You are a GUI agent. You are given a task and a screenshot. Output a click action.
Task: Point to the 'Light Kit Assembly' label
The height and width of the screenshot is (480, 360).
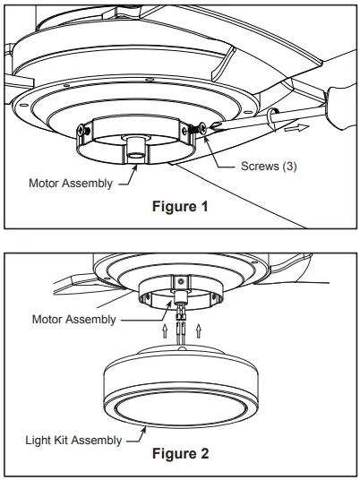click(x=68, y=440)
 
